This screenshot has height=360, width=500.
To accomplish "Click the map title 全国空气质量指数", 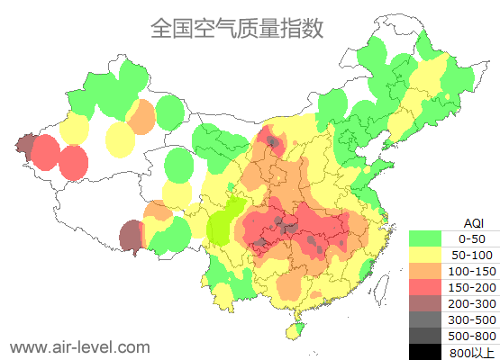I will click(x=236, y=29).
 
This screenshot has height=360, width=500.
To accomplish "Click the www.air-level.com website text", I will click(x=79, y=346).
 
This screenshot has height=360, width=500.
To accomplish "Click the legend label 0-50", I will click(x=472, y=238).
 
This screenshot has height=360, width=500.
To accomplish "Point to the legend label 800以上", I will click(x=472, y=352).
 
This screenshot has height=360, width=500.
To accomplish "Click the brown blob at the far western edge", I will click(x=24, y=144).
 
